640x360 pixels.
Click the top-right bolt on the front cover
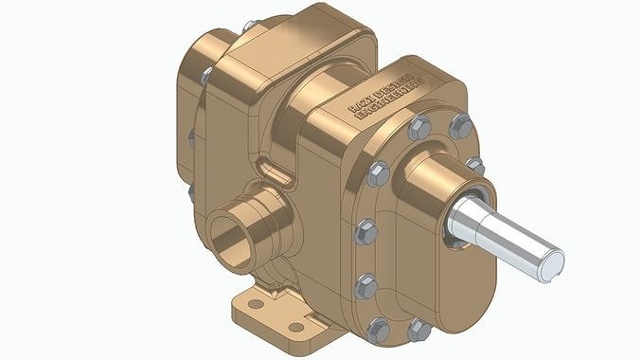[x=461, y=124]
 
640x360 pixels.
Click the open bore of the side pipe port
[x=230, y=237]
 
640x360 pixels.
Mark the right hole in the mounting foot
[x=296, y=327]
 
